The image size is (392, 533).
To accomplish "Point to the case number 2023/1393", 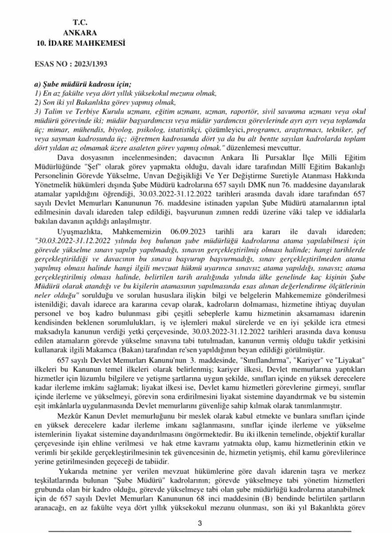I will (92, 64).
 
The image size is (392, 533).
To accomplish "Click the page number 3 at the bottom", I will (200, 523).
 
